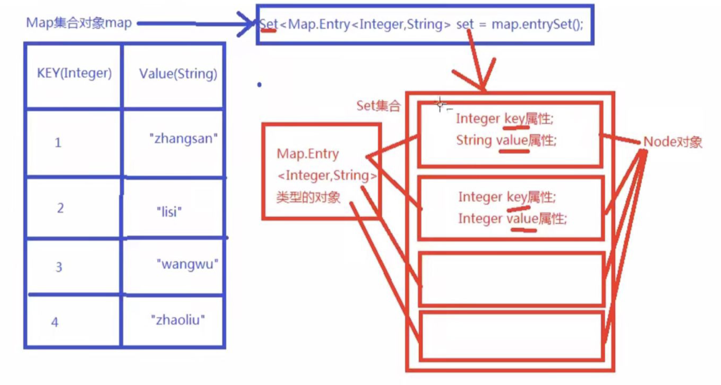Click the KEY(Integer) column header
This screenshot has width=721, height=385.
[74, 73]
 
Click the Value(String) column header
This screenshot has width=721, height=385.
[178, 74]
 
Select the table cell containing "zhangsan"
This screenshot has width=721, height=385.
[183, 139]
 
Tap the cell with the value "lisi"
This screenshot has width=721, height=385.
[169, 212]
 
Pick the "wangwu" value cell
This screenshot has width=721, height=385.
[187, 264]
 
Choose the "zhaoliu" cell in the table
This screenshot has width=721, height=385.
[178, 320]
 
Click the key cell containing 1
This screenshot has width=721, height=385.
[58, 143]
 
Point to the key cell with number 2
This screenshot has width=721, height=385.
[60, 208]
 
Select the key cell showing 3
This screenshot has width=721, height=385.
[59, 267]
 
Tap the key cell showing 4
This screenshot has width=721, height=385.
[55, 322]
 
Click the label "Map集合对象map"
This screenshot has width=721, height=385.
[79, 23]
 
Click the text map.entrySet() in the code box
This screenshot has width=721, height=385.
[537, 25]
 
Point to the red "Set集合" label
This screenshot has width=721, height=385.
[378, 106]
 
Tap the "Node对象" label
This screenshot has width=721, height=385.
[672, 142]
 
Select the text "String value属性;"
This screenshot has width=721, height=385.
[506, 140]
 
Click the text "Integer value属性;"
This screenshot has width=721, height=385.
[512, 219]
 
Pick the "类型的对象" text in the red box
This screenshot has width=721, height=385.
[308, 198]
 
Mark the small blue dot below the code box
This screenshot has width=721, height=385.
[259, 85]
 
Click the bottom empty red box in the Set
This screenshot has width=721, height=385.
[511, 336]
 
